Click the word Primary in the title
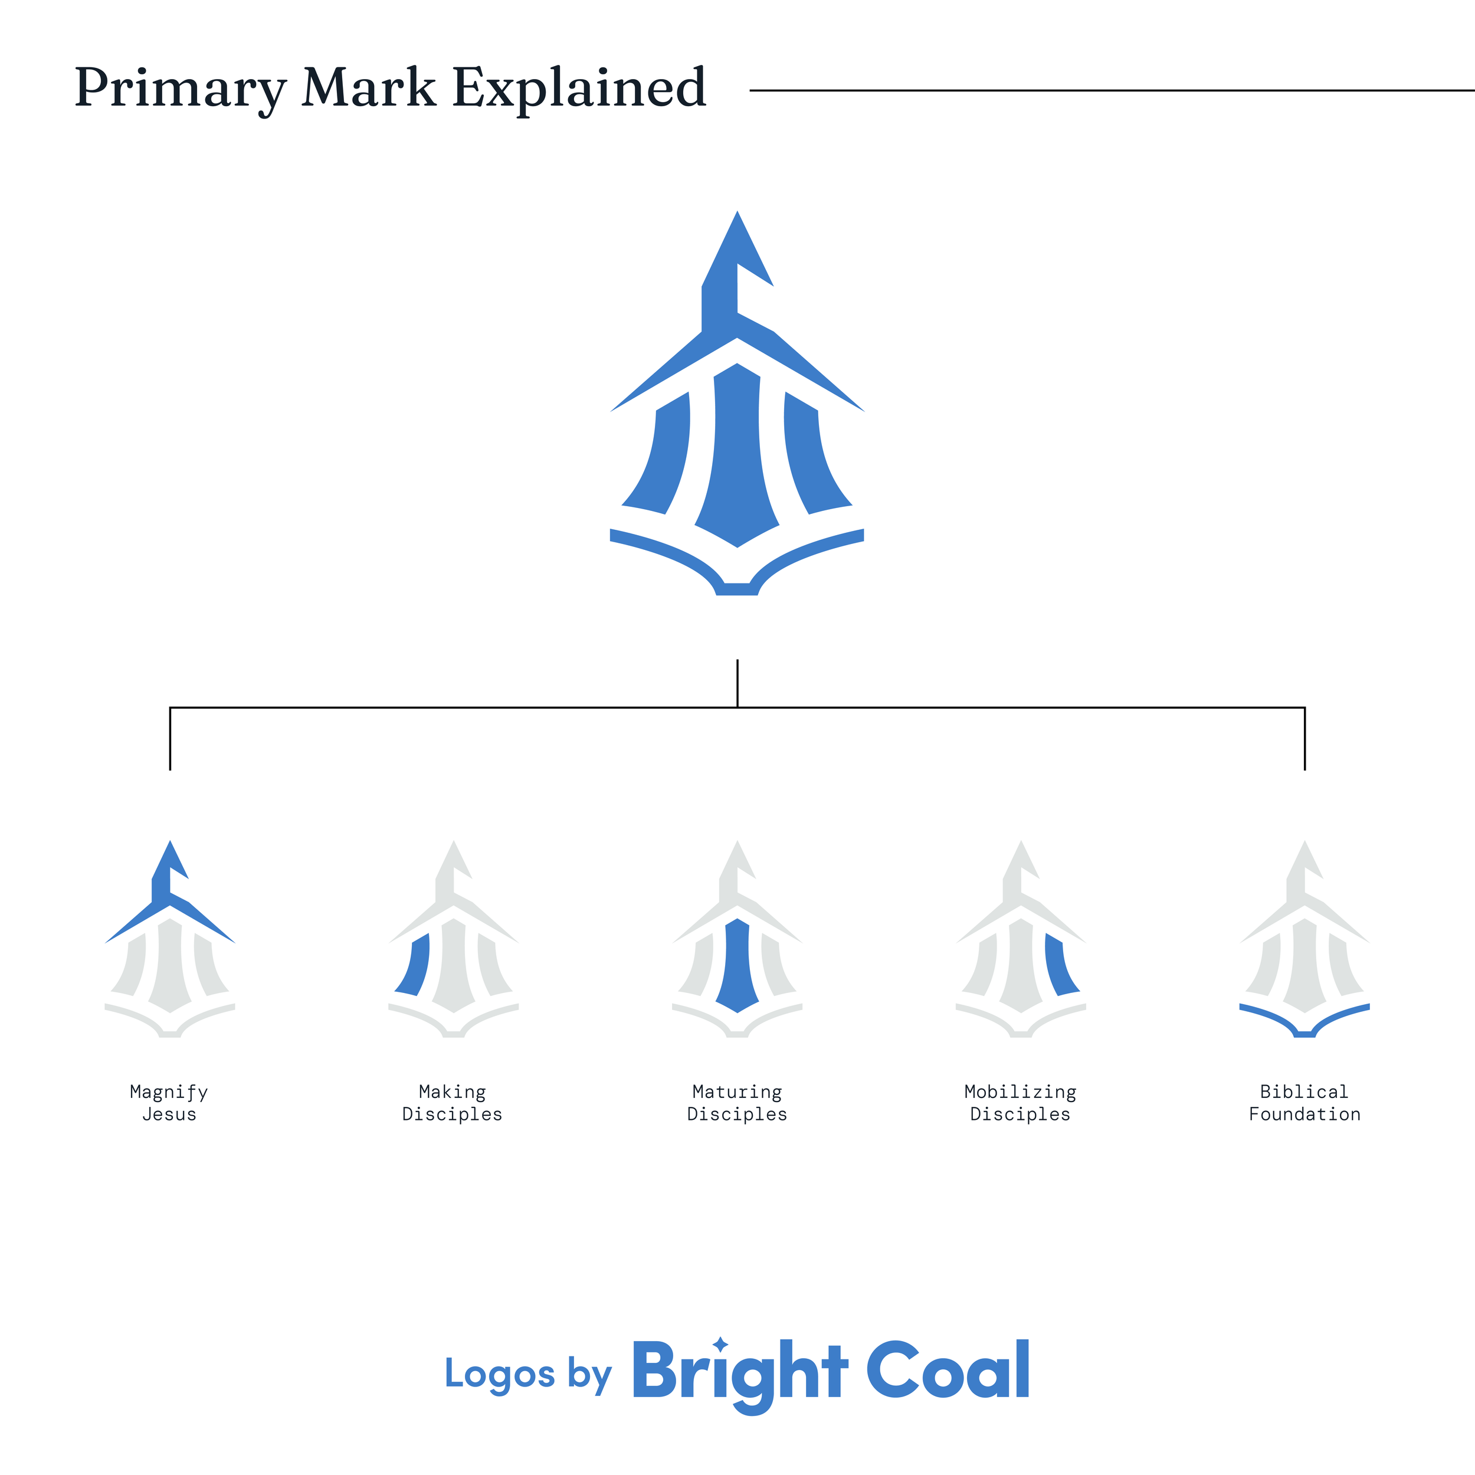[x=180, y=88]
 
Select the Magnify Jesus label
[x=169, y=1103]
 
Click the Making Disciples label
[x=452, y=1103]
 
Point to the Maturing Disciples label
[x=737, y=1103]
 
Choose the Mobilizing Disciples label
[x=1020, y=1103]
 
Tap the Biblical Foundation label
[x=1304, y=1103]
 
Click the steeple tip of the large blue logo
[x=737, y=229]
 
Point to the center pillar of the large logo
[x=737, y=458]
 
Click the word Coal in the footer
[x=948, y=1372]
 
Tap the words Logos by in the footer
[x=528, y=1375]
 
